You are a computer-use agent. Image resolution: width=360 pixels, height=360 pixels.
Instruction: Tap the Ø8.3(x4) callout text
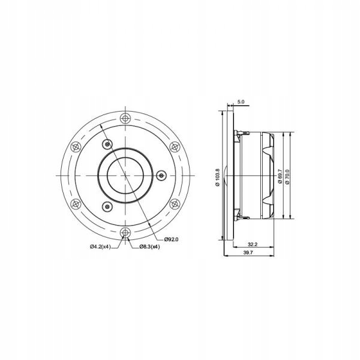coord(148,247)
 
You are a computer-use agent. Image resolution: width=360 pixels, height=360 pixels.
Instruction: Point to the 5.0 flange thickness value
coord(240,103)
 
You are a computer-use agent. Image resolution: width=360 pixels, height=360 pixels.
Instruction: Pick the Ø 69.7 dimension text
coord(280,175)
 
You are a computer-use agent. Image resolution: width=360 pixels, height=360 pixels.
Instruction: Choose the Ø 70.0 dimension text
coord(289,175)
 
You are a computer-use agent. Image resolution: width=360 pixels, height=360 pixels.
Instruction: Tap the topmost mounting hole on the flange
coord(125,118)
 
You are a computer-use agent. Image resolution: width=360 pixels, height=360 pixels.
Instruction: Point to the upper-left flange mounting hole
coord(76,146)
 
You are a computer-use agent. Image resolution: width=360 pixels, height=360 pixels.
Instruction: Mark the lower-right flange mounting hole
coord(175,203)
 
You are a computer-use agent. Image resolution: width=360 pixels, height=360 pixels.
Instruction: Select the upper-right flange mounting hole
coord(175,146)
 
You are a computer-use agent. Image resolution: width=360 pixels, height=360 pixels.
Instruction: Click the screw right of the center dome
coord(160,175)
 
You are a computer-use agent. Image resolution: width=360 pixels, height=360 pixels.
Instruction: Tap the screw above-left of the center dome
coord(107,144)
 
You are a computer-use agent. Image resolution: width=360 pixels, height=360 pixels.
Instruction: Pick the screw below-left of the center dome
coord(107,206)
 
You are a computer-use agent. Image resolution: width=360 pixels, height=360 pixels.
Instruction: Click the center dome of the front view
coord(125,175)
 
